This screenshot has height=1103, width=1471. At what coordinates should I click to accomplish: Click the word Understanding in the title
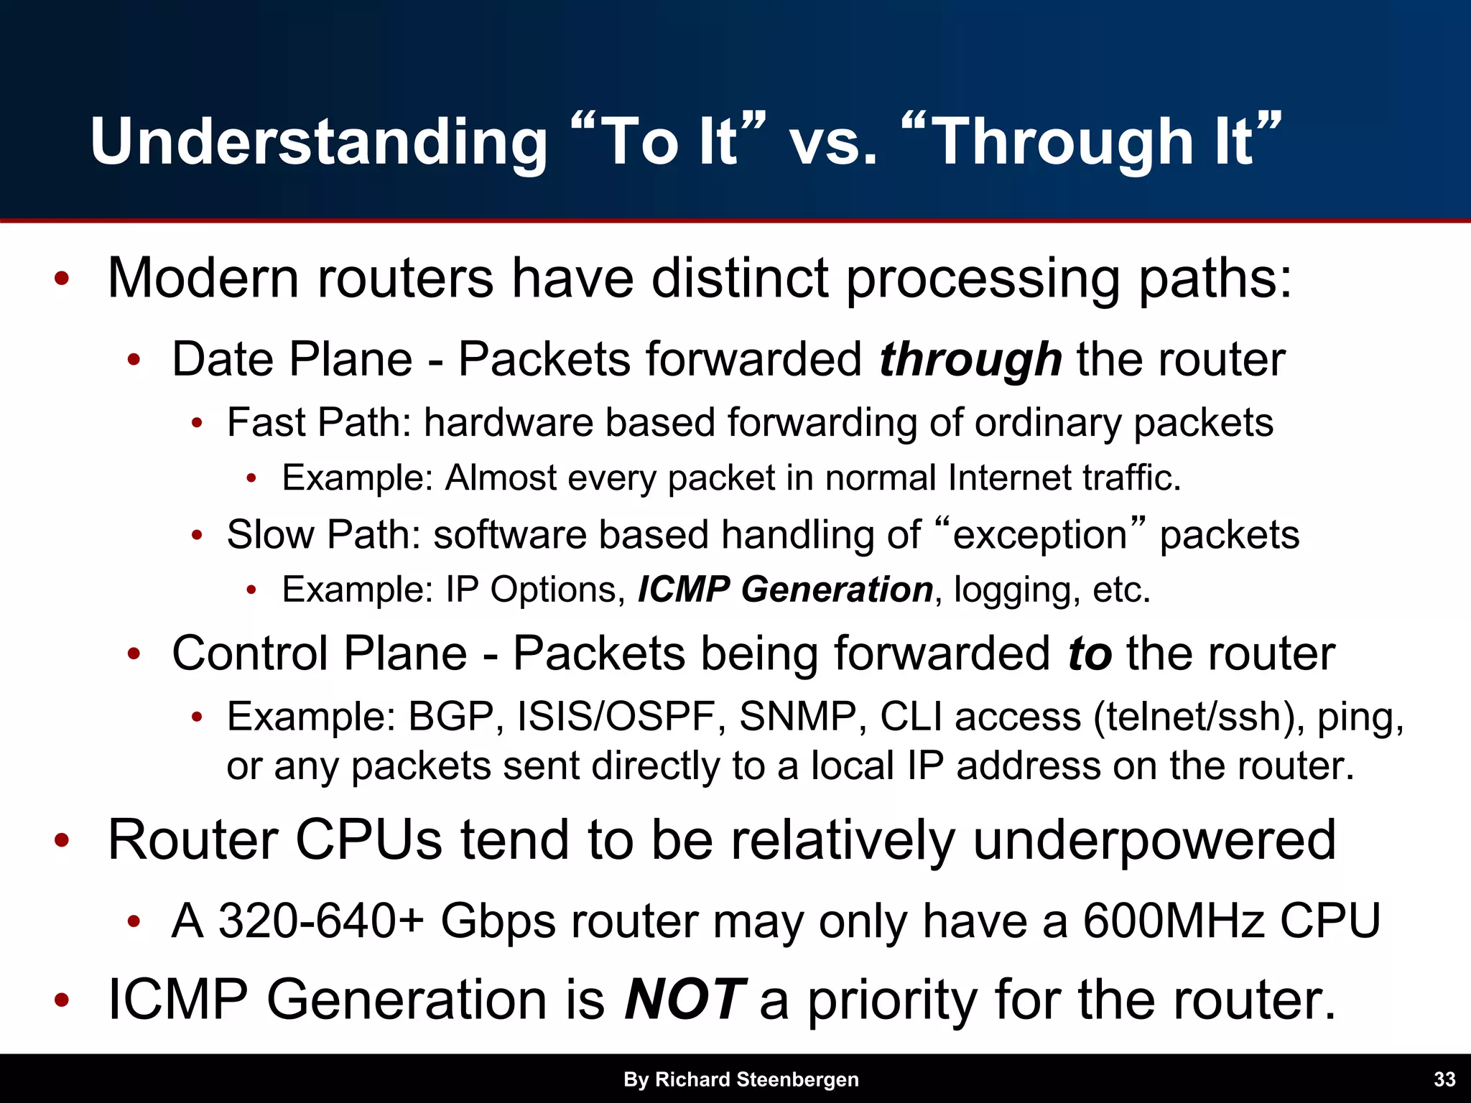point(319,142)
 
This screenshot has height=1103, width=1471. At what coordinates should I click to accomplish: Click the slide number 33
point(1444,1079)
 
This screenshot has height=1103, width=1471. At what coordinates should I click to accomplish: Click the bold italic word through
point(970,359)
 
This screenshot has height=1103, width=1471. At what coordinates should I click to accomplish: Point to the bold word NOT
point(685,999)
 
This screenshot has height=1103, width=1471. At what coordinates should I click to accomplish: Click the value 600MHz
point(1172,921)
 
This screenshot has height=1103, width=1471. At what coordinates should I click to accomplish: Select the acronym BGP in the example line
point(451,716)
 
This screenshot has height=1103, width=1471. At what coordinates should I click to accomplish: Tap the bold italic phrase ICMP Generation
point(785,590)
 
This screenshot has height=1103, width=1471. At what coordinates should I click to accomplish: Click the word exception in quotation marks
point(1039,536)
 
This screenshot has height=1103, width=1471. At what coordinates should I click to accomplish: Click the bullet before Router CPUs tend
point(62,839)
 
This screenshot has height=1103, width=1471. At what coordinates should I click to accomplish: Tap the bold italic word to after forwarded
point(1089,653)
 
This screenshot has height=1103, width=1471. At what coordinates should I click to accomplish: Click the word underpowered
point(1154,840)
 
